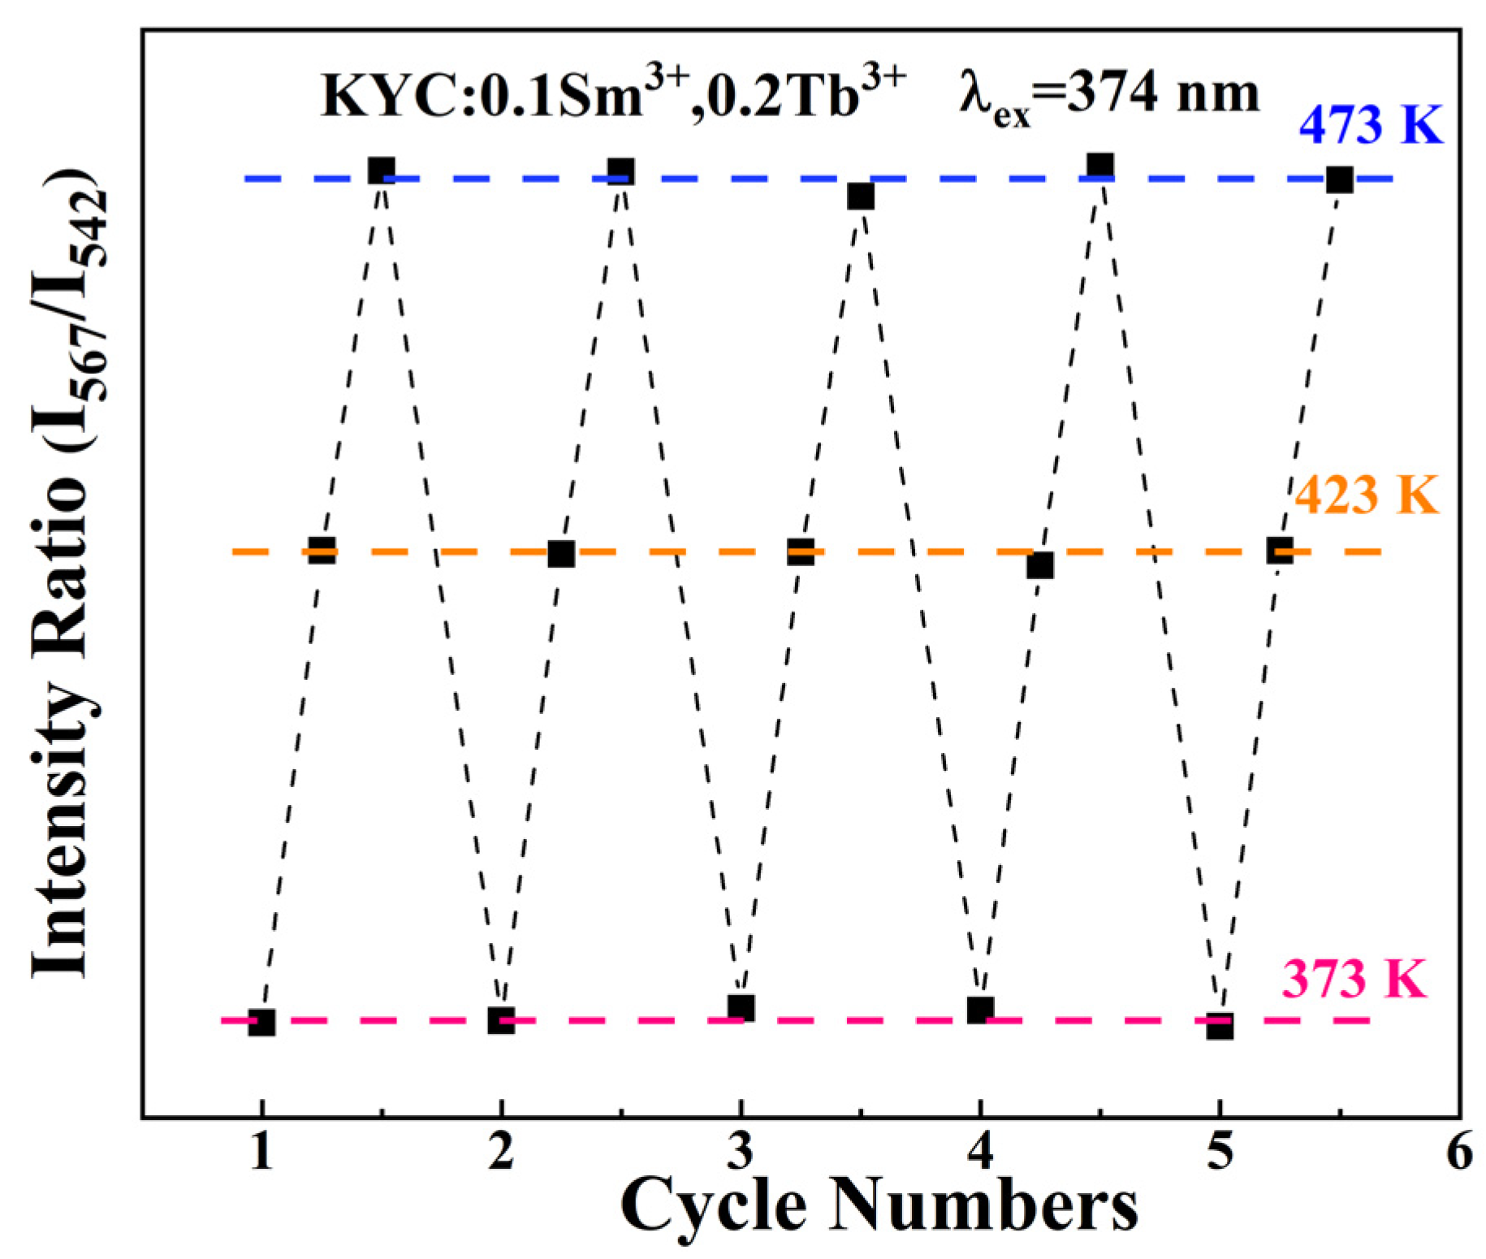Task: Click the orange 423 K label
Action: [x=1366, y=495]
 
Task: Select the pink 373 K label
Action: [x=1354, y=978]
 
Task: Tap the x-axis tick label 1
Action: [x=261, y=1151]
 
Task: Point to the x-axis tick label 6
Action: [x=1459, y=1151]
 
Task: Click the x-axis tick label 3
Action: [x=740, y=1151]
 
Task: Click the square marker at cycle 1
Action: [x=261, y=1023]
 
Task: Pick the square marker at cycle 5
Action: [x=1220, y=1026]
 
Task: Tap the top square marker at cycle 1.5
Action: [x=382, y=171]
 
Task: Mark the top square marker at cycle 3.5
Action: [x=861, y=197]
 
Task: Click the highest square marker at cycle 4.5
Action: [x=1100, y=166]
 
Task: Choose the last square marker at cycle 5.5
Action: [x=1339, y=180]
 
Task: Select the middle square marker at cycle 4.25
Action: [x=1040, y=565]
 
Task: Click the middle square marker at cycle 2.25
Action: [x=561, y=554]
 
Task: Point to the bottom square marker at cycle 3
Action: [x=741, y=1008]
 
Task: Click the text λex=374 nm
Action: [x=1108, y=97]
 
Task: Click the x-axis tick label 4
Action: [x=980, y=1151]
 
